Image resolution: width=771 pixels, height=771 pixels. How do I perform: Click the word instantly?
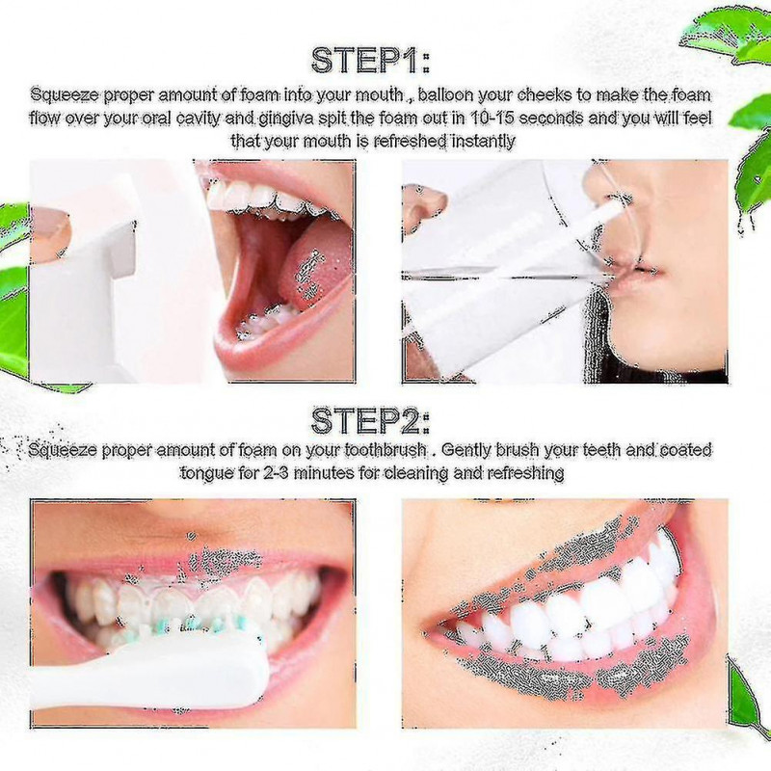(478, 141)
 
